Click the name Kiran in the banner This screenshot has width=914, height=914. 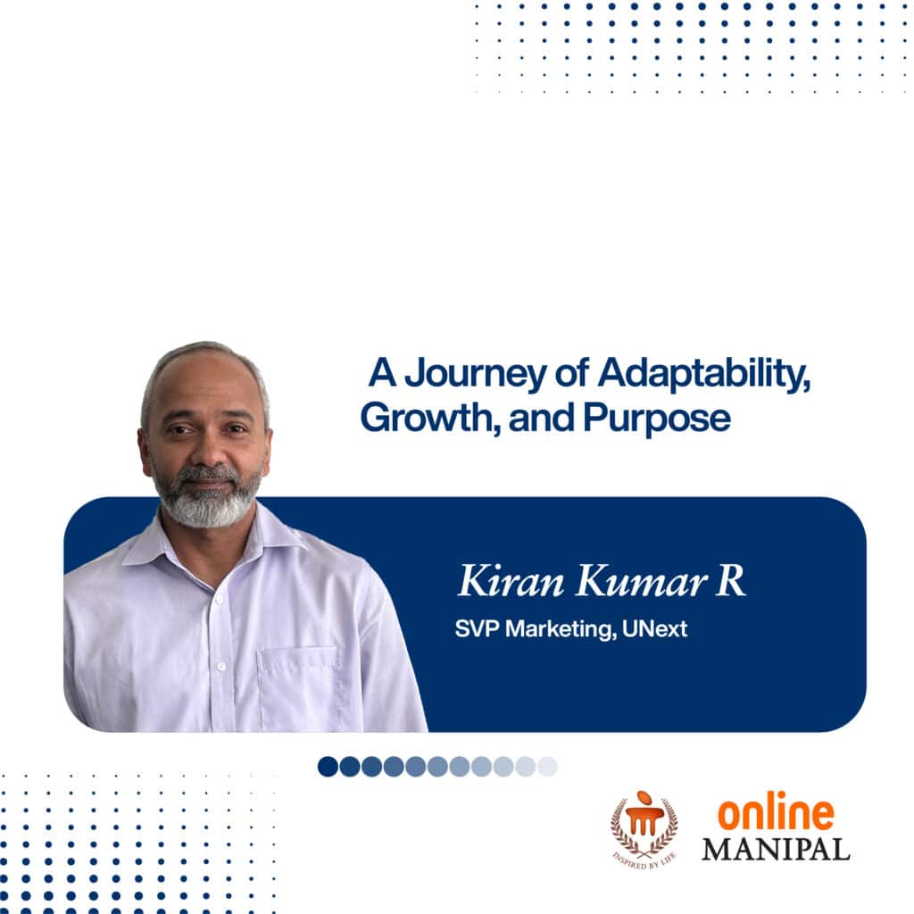tap(511, 580)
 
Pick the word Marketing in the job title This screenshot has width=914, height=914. tap(561, 629)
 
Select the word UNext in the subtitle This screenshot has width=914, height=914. tap(654, 629)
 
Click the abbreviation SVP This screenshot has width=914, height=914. tap(478, 629)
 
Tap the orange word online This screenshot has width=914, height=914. tap(776, 811)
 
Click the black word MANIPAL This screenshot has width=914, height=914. tap(776, 850)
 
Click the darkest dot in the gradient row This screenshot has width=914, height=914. tap(328, 767)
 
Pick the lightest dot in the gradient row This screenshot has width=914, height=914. tap(547, 767)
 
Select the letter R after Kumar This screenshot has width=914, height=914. tap(731, 580)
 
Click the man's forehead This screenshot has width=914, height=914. tap(201, 385)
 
